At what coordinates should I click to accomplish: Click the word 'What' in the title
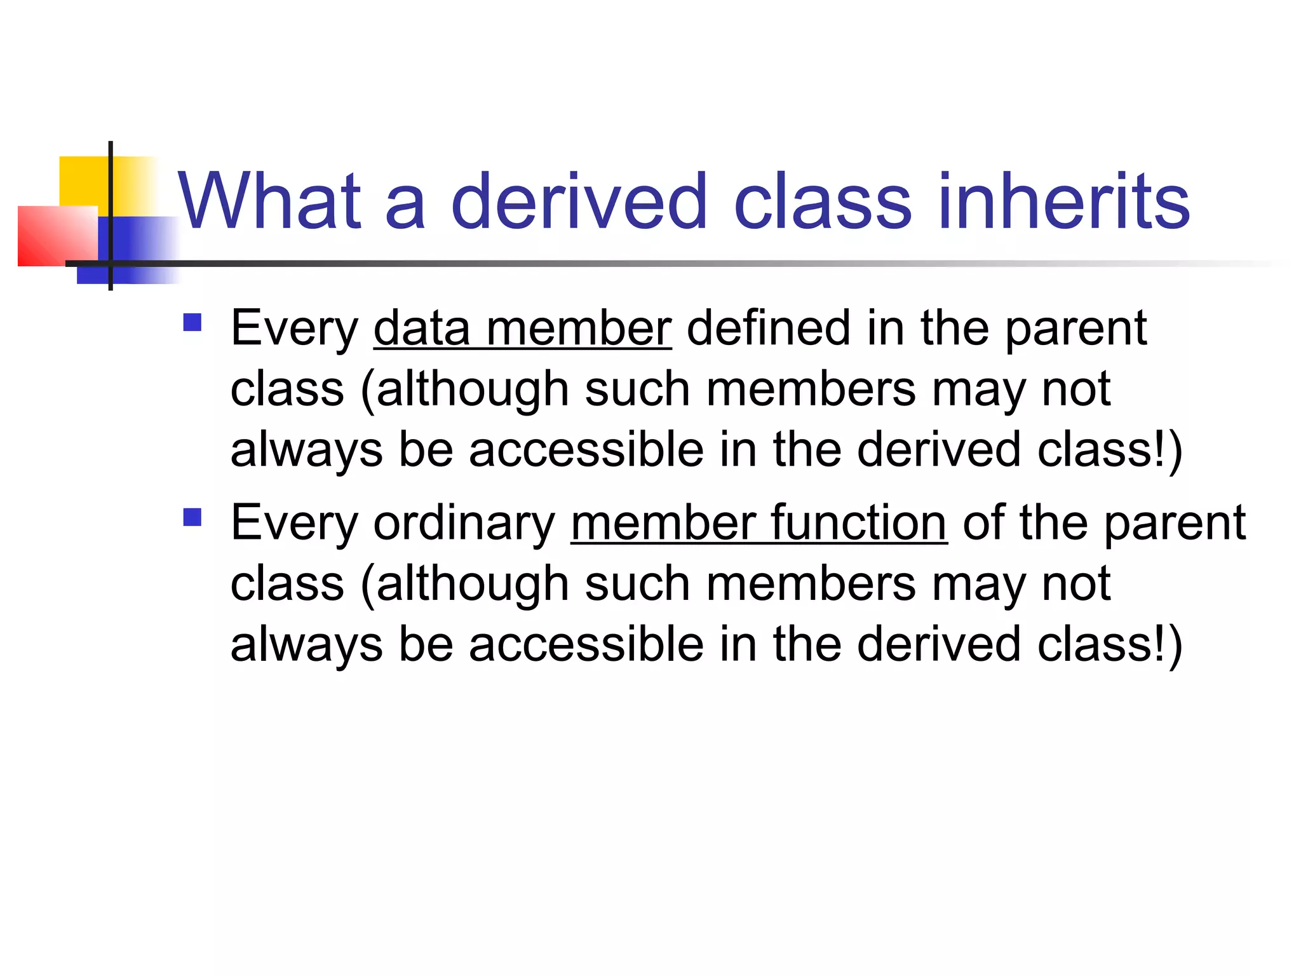270,201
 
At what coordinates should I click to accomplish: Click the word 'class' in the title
822,201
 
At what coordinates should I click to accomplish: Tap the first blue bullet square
192,322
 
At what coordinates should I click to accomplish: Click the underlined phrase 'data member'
522,329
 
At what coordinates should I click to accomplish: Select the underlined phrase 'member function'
759,523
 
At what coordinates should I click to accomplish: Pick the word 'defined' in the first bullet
768,329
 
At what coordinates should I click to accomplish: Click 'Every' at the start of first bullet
294,330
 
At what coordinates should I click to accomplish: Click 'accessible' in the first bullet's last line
586,449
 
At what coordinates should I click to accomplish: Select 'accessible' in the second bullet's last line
586,644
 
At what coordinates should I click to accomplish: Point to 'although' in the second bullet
471,584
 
